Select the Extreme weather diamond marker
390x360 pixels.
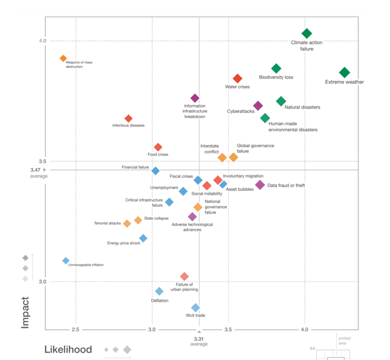pos(344,72)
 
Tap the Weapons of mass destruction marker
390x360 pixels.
pos(63,59)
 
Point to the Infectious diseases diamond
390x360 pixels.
pos(128,119)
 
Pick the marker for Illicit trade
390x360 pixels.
pos(196,308)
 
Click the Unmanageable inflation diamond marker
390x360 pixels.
pos(66,261)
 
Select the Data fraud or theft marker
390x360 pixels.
pos(260,185)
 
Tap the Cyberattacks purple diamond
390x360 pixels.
pos(258,106)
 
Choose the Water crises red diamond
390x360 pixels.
pos(238,79)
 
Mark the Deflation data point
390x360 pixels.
pos(159,291)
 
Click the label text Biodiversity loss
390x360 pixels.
pos(276,77)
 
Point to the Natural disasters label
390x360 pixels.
pos(302,108)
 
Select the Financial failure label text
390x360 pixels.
pos(135,167)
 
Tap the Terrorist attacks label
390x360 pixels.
pos(108,223)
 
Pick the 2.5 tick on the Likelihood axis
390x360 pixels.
pos(76,329)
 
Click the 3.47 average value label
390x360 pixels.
pos(35,170)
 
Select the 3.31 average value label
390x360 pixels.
pos(199,338)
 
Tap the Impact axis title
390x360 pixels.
pos(25,312)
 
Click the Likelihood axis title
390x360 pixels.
pos(68,349)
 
